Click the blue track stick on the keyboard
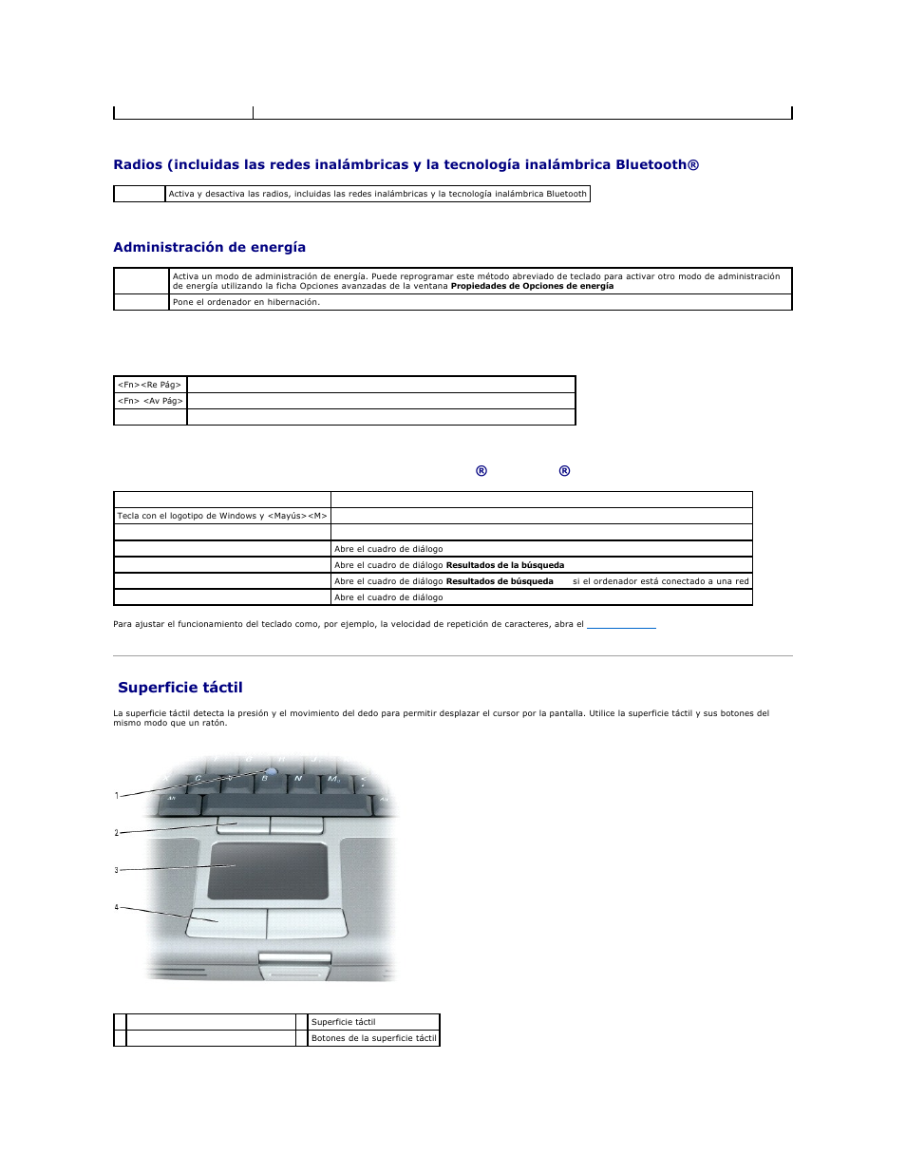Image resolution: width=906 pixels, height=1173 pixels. [274, 770]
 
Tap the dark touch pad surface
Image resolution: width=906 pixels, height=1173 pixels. [268, 870]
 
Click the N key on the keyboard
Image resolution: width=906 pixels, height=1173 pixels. [298, 779]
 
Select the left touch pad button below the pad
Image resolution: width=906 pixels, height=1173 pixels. [226, 922]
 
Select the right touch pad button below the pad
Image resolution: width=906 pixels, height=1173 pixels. [307, 922]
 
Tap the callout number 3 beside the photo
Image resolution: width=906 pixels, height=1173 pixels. [117, 870]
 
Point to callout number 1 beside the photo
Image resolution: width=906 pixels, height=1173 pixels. [117, 796]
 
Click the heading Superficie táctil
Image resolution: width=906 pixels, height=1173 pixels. [180, 688]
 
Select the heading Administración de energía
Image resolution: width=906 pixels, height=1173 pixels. [209, 247]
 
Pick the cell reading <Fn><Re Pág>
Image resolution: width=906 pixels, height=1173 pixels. [150, 385]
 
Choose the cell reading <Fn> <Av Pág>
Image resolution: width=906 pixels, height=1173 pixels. [150, 401]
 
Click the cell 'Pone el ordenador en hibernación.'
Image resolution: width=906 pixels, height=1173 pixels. [246, 302]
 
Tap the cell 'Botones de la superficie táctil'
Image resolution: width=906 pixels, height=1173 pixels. [374, 1038]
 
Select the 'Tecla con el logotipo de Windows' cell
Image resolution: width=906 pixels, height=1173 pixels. [221, 516]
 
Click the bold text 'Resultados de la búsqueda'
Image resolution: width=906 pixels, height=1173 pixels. [505, 565]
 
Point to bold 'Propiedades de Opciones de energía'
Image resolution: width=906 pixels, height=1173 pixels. [532, 286]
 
